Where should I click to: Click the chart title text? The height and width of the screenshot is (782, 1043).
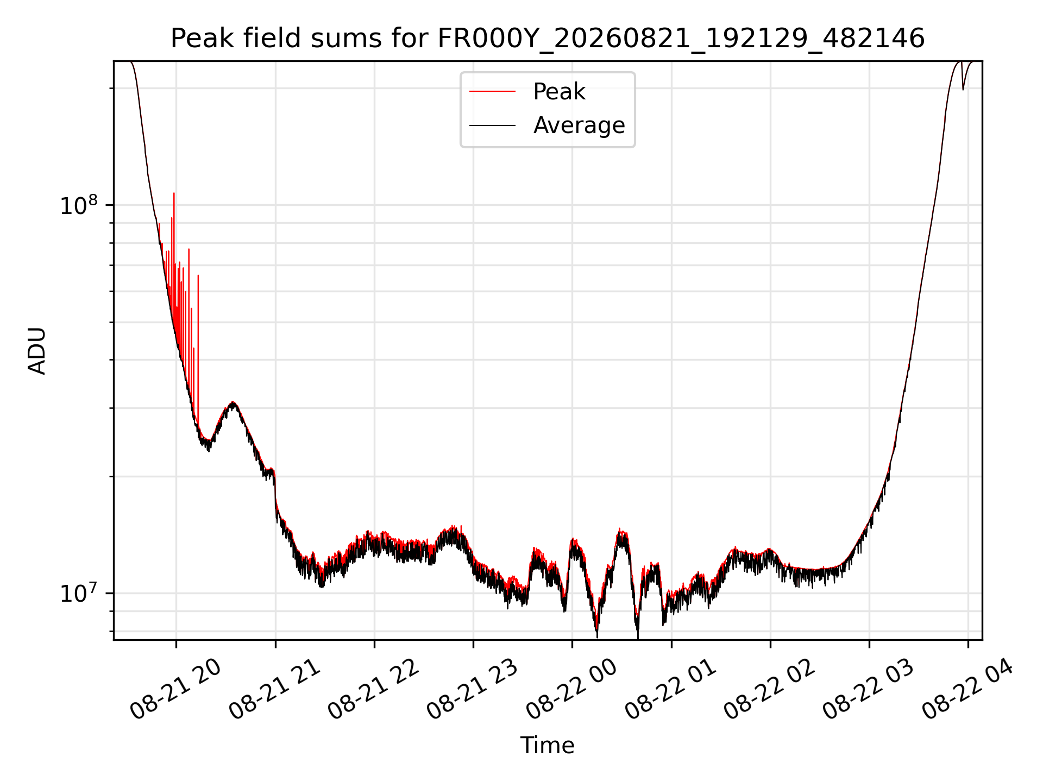pyautogui.click(x=548, y=39)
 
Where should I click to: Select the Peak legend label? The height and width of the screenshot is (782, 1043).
pyautogui.click(x=560, y=92)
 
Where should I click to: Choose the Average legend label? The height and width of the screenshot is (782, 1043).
pyautogui.click(x=579, y=125)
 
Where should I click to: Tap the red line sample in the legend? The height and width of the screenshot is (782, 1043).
pyautogui.click(x=492, y=92)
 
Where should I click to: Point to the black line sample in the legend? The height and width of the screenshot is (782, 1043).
pyautogui.click(x=492, y=125)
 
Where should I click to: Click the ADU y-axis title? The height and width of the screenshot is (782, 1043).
pyautogui.click(x=37, y=351)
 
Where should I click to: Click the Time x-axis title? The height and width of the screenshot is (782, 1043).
pyautogui.click(x=548, y=746)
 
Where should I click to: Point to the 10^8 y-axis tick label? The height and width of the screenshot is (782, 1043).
pyautogui.click(x=79, y=205)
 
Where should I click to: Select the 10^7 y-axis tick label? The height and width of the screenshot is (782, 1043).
pyautogui.click(x=79, y=593)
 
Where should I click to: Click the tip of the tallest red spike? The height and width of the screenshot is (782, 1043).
pyautogui.click(x=174, y=193)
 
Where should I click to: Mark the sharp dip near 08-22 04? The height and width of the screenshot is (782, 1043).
pyautogui.click(x=963, y=89)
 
